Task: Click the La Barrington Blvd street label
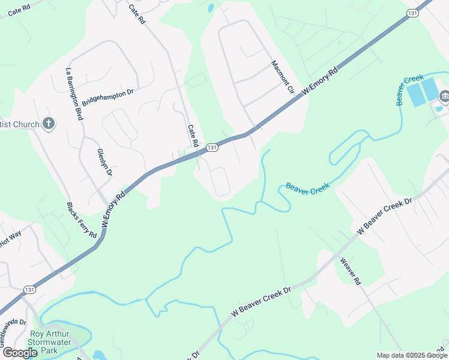74,94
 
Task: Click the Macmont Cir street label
282,77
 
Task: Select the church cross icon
49,124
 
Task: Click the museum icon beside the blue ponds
444,95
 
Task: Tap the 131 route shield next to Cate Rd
211,147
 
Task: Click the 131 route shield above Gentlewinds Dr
29,289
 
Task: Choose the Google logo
20,353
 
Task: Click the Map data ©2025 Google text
412,355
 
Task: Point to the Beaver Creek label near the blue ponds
409,89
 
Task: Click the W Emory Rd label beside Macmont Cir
320,80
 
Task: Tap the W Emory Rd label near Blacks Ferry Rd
114,208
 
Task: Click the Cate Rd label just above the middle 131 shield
193,136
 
